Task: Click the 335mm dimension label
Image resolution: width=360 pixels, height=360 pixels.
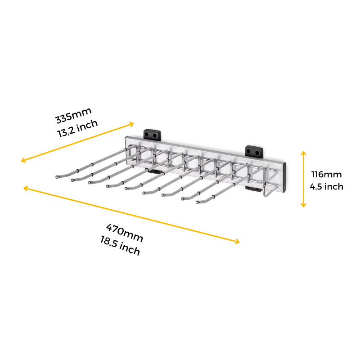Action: click(x=73, y=115)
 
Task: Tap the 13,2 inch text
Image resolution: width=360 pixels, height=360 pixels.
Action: click(x=77, y=129)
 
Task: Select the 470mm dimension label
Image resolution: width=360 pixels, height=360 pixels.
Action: click(x=125, y=233)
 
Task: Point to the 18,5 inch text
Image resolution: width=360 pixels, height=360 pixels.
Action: click(x=120, y=246)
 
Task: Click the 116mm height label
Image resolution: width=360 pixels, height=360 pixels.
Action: click(x=326, y=175)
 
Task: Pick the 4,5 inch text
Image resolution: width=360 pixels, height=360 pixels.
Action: click(x=326, y=187)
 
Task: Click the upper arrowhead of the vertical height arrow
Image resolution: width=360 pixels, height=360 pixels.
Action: click(x=303, y=153)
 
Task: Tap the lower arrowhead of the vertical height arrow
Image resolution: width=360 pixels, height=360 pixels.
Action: click(x=303, y=205)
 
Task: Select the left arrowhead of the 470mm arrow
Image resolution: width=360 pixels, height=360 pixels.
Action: click(x=25, y=188)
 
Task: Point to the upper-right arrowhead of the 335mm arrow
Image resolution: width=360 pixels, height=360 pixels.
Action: click(x=132, y=124)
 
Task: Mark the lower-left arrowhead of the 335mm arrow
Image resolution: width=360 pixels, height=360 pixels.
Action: click(x=23, y=160)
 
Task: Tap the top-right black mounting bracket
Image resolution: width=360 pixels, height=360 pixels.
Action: click(x=254, y=151)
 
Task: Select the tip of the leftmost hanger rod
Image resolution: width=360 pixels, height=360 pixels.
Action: click(x=57, y=177)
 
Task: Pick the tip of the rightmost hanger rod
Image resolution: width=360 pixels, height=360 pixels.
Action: click(x=197, y=202)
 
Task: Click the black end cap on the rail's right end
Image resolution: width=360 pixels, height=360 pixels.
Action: click(x=284, y=177)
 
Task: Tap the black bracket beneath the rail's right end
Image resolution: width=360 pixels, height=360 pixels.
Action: click(x=253, y=189)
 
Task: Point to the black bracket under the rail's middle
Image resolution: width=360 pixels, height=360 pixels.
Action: click(x=154, y=171)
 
